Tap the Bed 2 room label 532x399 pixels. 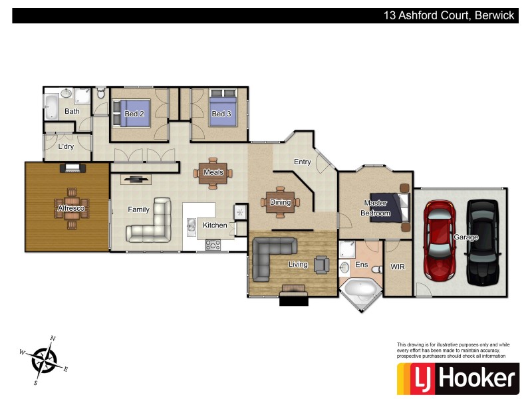[x=134, y=114]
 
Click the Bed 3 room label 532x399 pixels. [x=221, y=114]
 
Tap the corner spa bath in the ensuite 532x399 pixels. [x=360, y=290]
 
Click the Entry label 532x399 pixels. [x=302, y=162]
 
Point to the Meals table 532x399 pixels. [x=213, y=172]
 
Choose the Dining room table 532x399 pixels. [x=280, y=203]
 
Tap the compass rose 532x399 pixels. [x=45, y=360]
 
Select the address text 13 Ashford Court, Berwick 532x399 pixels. [x=449, y=15]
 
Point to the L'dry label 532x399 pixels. [x=66, y=146]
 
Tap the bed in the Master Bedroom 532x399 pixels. [x=394, y=206]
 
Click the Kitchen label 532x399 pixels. [x=215, y=225]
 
